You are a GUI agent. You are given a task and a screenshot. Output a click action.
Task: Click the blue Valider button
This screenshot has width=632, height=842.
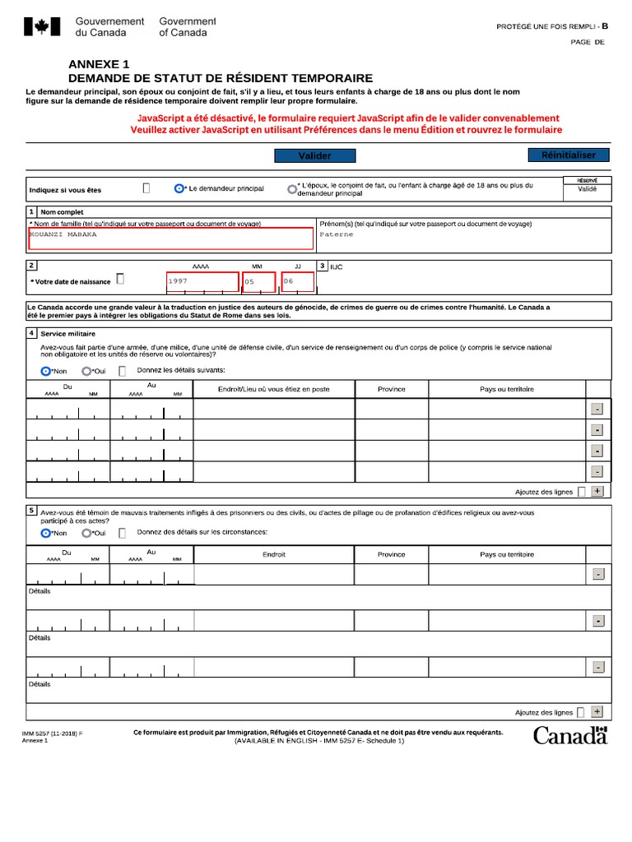tap(314, 156)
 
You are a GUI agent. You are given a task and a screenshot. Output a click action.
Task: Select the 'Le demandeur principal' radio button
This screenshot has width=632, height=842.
tap(179, 188)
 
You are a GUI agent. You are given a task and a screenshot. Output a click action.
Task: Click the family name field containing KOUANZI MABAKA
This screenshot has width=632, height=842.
tap(171, 238)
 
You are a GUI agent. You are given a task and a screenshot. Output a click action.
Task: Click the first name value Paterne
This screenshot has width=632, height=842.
tap(337, 234)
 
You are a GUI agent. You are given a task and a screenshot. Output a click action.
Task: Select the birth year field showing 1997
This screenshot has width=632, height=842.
tap(202, 281)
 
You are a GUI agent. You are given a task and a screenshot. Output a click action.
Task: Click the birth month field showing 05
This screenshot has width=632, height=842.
tap(258, 282)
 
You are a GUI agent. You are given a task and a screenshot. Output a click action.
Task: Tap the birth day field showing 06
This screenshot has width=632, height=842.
tap(297, 281)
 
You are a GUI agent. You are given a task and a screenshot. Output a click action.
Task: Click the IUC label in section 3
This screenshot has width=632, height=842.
tap(336, 267)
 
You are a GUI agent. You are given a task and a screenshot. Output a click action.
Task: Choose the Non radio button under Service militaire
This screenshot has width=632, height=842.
tap(46, 371)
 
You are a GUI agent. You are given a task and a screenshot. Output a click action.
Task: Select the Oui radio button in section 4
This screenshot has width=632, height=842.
tap(86, 371)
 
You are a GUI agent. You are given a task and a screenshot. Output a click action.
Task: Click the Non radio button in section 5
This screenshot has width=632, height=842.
tap(46, 533)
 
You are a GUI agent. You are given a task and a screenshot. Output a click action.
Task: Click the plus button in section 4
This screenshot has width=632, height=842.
tap(597, 491)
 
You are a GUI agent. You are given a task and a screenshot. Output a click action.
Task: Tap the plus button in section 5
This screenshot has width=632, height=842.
tap(597, 712)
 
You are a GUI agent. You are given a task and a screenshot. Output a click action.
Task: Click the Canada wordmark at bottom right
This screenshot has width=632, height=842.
tap(569, 735)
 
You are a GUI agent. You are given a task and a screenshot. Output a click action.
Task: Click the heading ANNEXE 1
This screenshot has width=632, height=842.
tap(99, 64)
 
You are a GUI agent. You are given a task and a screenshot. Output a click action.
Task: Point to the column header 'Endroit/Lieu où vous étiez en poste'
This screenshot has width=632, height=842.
tap(273, 389)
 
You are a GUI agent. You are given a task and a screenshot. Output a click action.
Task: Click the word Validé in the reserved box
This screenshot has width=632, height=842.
tap(587, 188)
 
